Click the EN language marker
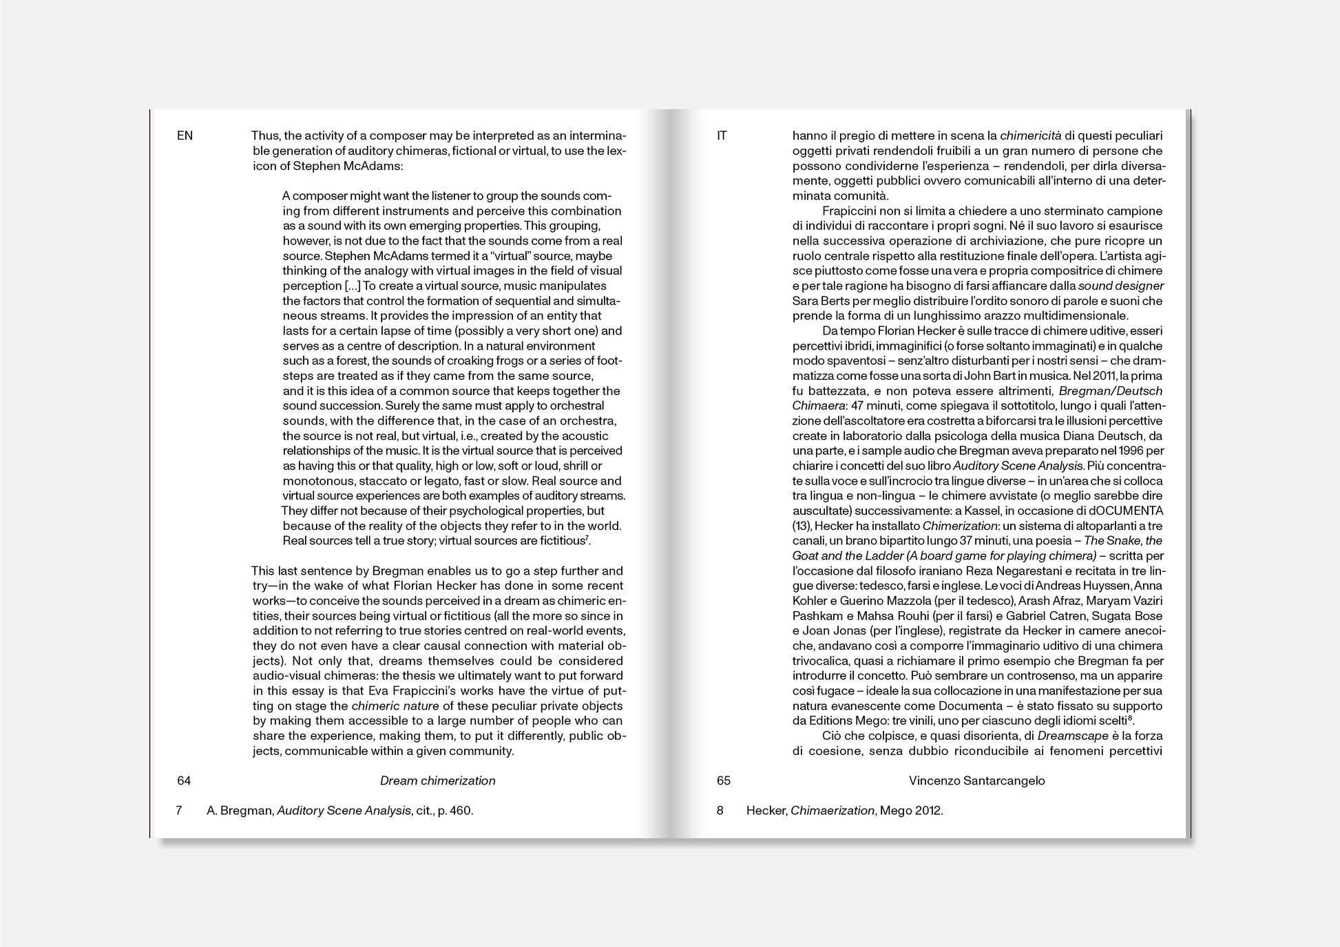(185, 136)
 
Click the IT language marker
(722, 136)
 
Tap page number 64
(184, 780)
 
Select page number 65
(724, 780)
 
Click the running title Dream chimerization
(437, 780)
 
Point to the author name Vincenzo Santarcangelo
(976, 780)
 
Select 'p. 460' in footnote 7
(455, 811)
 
